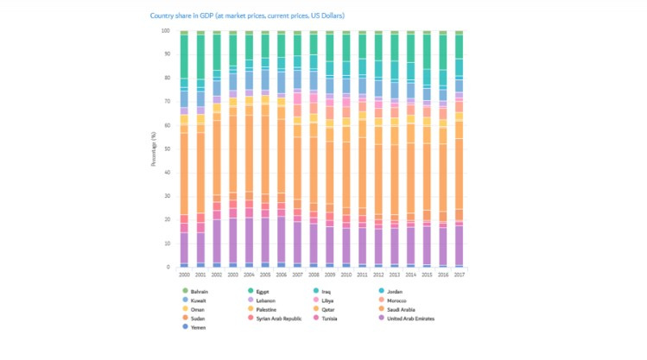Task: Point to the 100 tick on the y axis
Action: pos(165,31)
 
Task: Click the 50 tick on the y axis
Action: pos(166,149)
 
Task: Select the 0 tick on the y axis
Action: pos(168,267)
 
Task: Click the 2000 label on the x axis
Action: pos(184,274)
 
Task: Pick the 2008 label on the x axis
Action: pos(313,274)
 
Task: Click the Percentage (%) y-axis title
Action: pos(154,149)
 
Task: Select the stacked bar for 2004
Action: pos(249,149)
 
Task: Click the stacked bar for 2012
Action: pos(377,149)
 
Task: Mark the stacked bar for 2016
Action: pos(442,149)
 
